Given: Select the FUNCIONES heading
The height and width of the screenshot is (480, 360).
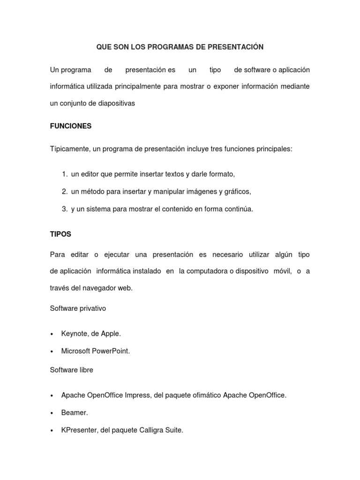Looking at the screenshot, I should (71, 126).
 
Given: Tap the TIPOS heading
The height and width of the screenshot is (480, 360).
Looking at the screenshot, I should (60, 234).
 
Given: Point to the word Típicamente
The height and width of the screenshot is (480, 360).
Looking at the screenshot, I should (69, 149).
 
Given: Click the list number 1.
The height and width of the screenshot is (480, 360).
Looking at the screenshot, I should (65, 174).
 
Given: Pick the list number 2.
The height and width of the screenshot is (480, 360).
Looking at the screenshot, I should (65, 192).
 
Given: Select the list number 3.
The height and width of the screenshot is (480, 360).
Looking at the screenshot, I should (65, 209).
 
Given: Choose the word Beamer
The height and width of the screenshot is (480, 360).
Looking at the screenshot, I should (75, 412).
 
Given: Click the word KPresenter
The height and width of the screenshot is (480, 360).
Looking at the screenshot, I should (79, 430).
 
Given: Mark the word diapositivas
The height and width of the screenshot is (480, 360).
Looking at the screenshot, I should (116, 104).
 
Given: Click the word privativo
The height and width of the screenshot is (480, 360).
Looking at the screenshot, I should (92, 308).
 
